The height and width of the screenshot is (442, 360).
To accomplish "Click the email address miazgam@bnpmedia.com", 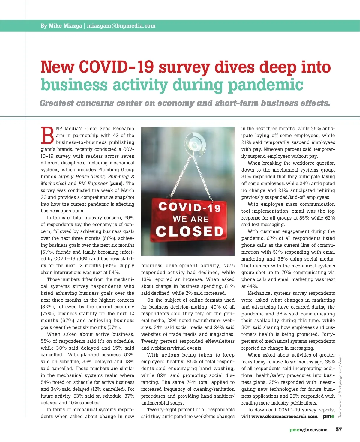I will [x=121, y=26].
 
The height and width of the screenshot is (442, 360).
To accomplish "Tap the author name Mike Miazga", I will [x=65, y=26].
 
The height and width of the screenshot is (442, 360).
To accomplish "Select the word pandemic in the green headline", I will [x=265, y=85].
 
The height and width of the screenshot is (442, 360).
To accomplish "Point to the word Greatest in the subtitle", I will [x=57, y=103].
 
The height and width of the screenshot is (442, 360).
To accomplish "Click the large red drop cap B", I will [x=47, y=136].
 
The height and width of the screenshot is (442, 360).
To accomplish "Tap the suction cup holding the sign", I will [x=195, y=142].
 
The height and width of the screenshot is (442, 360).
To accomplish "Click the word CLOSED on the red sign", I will [x=190, y=231].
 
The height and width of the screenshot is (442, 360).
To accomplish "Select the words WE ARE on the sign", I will [x=190, y=219].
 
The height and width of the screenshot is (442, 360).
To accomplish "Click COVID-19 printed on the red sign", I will [x=190, y=207].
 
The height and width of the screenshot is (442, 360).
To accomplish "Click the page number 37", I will [x=339, y=429].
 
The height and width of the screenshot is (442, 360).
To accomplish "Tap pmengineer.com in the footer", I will [x=309, y=430].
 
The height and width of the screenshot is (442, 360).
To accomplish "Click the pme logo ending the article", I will [x=328, y=417].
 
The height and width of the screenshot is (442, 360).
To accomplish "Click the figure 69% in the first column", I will [x=129, y=218].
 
